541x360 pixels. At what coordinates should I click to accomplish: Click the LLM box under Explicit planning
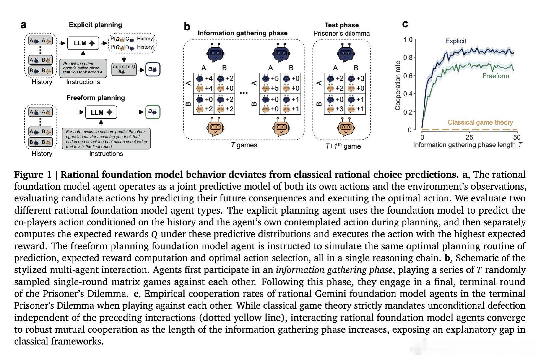(83, 43)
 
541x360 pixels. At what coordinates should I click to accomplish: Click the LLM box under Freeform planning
(101, 112)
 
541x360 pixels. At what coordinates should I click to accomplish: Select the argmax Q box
(124, 69)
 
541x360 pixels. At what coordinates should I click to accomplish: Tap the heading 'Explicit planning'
(95, 25)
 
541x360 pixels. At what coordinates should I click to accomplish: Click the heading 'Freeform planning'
(96, 98)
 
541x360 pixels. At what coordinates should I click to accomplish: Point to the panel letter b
(187, 26)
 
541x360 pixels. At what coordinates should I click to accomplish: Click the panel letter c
(405, 24)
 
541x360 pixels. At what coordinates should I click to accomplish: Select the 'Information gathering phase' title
(243, 33)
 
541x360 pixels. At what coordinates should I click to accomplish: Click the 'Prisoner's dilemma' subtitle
(341, 33)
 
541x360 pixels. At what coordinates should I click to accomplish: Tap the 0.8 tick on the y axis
(408, 58)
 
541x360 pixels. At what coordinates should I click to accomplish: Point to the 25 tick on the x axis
(469, 137)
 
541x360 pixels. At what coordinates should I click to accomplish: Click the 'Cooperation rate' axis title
(397, 86)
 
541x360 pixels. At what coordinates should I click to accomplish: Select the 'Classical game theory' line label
(480, 122)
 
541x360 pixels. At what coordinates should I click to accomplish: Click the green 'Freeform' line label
(496, 76)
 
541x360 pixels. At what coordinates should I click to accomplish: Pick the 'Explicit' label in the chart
(455, 41)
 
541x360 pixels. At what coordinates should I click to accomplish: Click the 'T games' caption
(244, 145)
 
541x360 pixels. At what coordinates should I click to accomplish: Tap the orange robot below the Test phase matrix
(346, 127)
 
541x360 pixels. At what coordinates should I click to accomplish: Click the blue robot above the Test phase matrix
(346, 53)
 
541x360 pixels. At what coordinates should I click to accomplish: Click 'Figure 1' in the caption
(33, 175)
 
